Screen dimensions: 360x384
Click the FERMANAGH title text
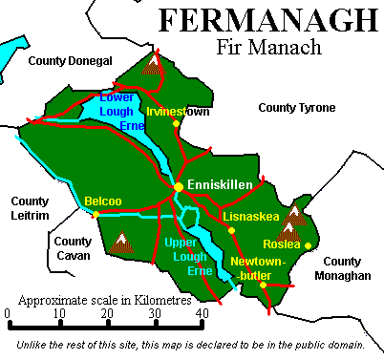[266, 20]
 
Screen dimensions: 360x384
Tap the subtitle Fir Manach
[267, 46]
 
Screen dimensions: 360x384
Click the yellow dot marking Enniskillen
[178, 186]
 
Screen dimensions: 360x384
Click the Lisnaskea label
[250, 217]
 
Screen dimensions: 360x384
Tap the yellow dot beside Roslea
[308, 245]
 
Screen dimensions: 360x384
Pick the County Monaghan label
[347, 268]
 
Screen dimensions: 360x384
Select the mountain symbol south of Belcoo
[121, 243]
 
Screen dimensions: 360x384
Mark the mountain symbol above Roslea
[295, 214]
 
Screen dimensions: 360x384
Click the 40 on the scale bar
[202, 313]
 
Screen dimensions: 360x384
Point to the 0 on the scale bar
[7, 313]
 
